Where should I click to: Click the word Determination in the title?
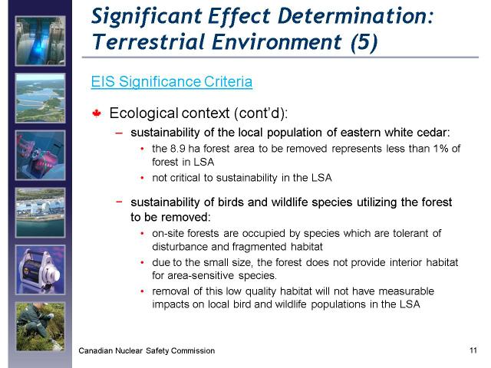point(355,15)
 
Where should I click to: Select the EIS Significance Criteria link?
point(172,82)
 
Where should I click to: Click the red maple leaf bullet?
point(97,113)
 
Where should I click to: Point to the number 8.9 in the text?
point(177,148)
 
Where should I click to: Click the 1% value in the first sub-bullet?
point(441,148)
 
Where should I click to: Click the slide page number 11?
point(473,350)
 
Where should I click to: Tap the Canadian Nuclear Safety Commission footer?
point(147,351)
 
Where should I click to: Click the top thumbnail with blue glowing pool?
point(41,41)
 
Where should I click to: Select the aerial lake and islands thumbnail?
point(41,98)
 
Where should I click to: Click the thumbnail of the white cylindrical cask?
point(41,270)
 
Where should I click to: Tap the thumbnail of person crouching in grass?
point(41,327)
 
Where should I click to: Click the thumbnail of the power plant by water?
point(41,212)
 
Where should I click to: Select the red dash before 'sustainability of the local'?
point(119,133)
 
